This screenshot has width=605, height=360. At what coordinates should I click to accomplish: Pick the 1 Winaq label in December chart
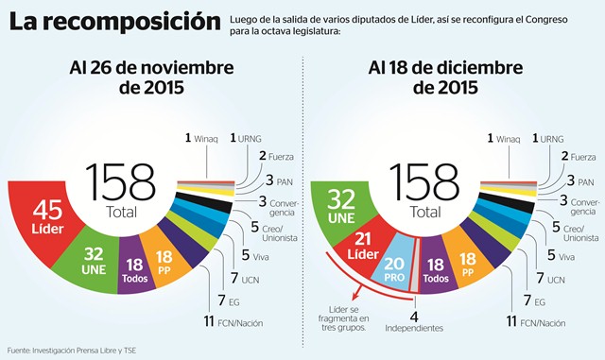coord(503,138)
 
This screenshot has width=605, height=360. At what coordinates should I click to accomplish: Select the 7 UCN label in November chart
coord(241,279)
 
